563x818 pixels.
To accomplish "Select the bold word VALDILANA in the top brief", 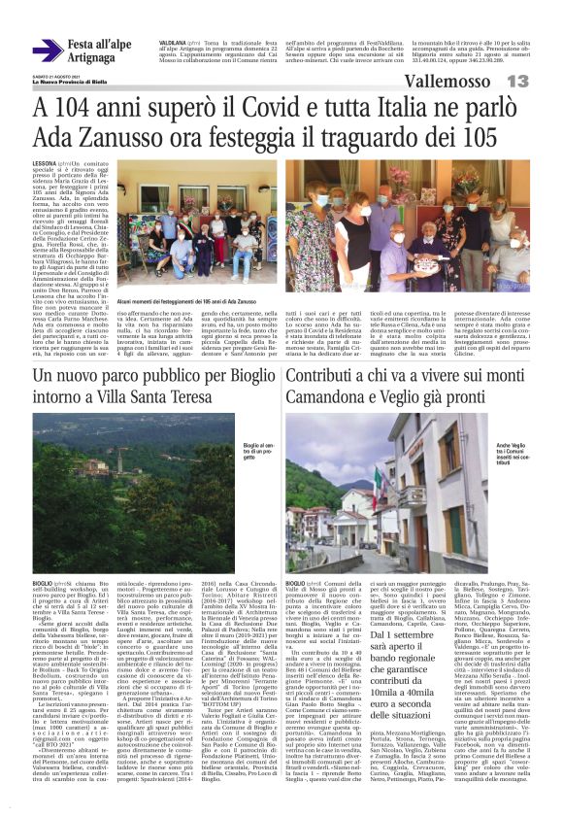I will pos(173,41).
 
